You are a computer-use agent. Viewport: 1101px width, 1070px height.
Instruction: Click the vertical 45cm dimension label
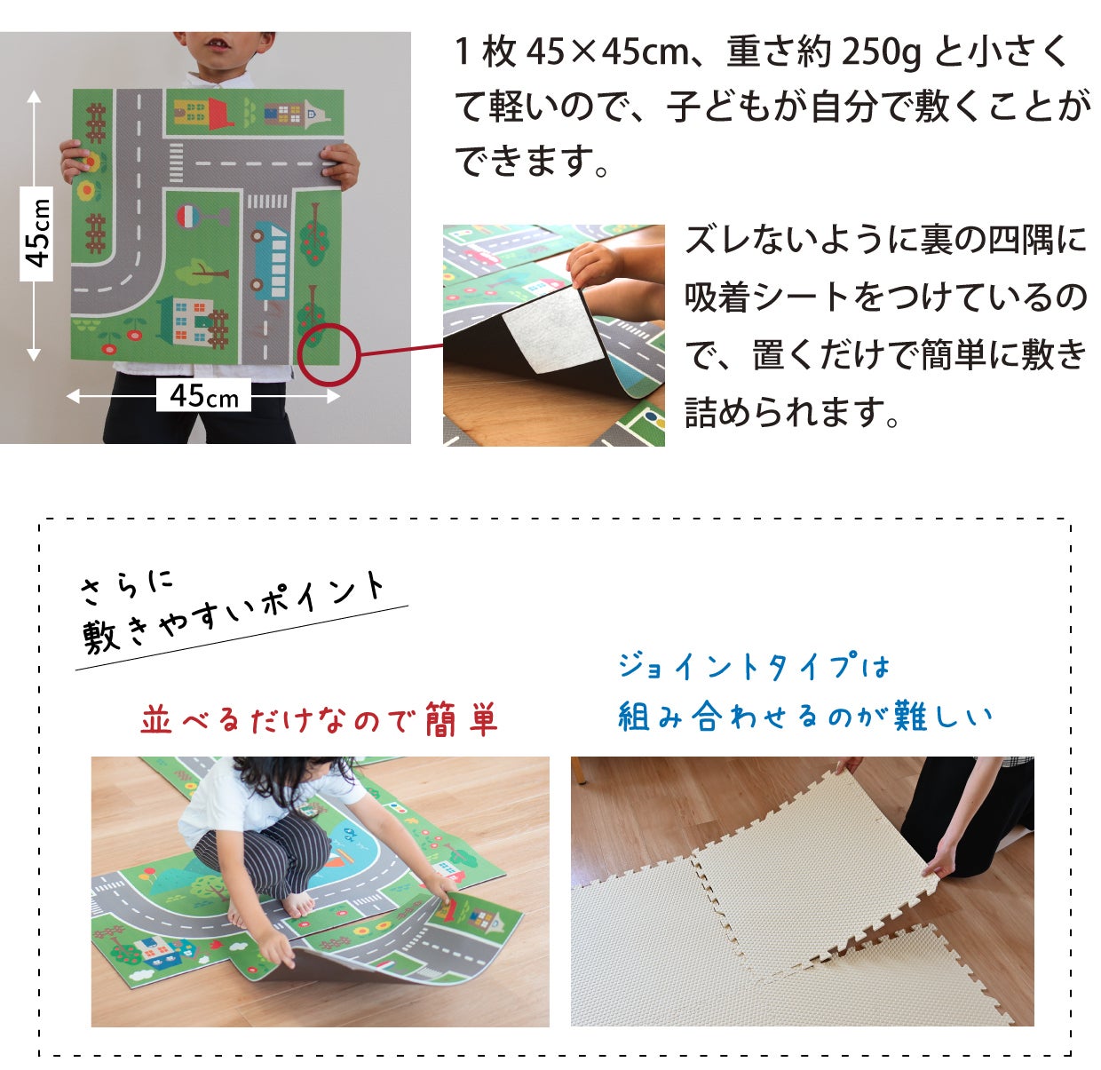[36, 234]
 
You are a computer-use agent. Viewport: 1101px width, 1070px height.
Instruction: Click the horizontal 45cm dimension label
[203, 395]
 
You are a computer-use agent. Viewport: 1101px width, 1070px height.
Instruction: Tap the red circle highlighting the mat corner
[329, 355]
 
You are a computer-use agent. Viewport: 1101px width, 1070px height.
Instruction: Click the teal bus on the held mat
[271, 259]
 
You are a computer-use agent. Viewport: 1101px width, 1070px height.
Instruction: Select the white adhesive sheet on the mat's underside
[553, 330]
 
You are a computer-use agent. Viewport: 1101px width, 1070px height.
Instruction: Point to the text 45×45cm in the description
[607, 52]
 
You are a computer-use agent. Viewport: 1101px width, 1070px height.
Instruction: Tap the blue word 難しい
[943, 717]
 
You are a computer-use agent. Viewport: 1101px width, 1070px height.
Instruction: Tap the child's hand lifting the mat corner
[594, 264]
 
